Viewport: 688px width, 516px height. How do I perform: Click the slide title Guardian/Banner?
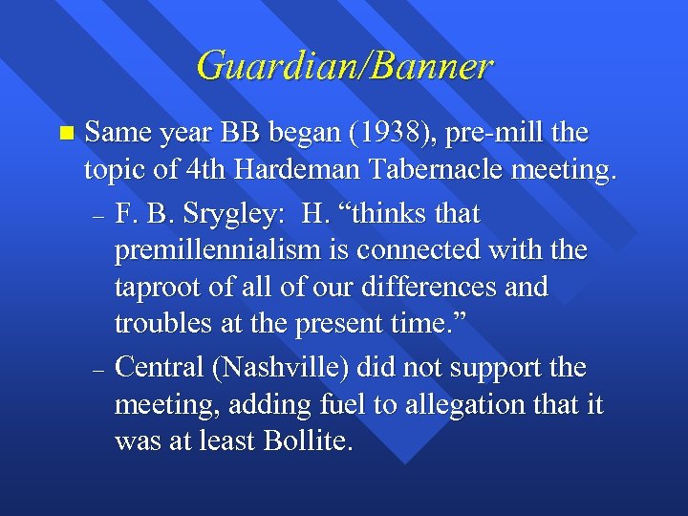click(344, 66)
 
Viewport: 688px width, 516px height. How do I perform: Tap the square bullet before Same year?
click(64, 132)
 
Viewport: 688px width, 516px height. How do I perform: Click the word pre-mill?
click(482, 134)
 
